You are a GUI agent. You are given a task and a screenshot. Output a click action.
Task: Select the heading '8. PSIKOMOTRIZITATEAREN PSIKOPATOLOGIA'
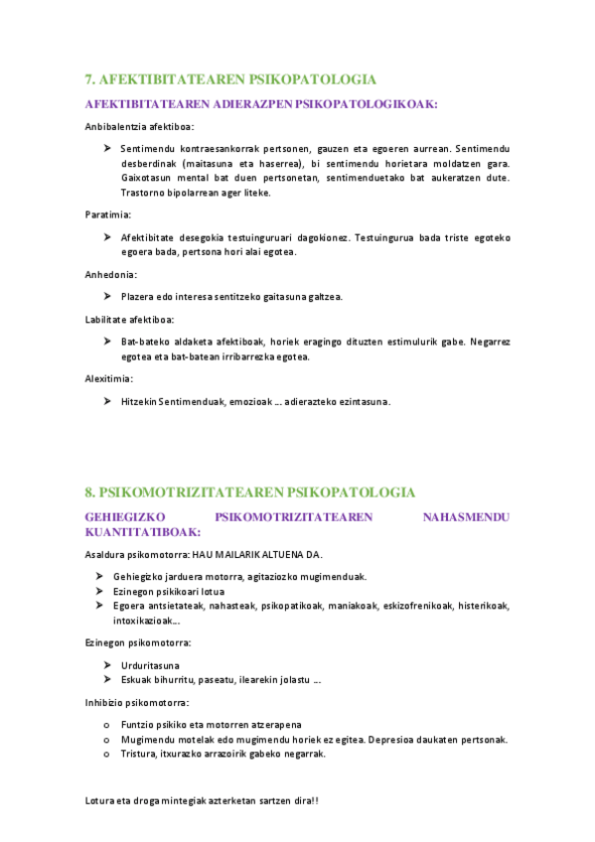[250, 492]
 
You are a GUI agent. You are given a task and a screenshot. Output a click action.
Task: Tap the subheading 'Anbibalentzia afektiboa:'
[140, 126]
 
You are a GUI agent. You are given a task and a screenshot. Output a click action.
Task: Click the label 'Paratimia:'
[108, 213]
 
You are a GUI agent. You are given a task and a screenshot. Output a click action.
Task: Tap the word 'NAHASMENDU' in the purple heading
[466, 517]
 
